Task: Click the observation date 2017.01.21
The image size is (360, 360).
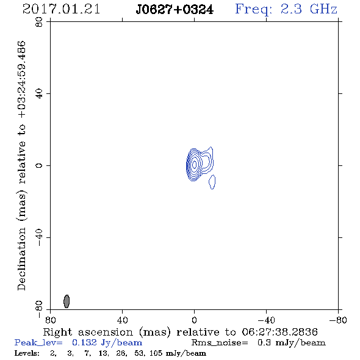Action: coord(61,9)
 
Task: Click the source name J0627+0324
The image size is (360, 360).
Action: coord(175,10)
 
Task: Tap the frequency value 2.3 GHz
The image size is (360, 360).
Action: coord(309,9)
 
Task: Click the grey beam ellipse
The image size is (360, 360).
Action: coord(67,301)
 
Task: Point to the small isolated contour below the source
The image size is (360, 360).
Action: coord(212,182)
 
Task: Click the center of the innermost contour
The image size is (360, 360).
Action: coord(195,164)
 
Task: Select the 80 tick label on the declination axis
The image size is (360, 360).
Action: coord(39,22)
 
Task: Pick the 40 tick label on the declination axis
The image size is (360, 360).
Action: coord(39,94)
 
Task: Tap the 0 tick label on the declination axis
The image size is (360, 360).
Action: coord(39,165)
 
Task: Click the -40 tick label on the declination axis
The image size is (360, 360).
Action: coord(39,237)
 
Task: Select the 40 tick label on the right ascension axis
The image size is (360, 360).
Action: coord(123,320)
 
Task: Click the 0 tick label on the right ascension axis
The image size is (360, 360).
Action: coord(194,320)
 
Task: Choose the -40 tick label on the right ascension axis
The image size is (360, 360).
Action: coord(266,320)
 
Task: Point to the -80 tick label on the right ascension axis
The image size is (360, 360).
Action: coord(338,320)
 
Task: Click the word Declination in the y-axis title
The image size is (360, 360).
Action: coord(21,259)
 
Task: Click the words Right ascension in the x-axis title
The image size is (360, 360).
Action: coord(88,332)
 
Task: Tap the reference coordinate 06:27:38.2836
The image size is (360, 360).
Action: coord(279,332)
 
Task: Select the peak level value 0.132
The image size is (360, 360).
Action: coord(84,342)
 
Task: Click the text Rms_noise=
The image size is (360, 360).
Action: coord(220,343)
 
